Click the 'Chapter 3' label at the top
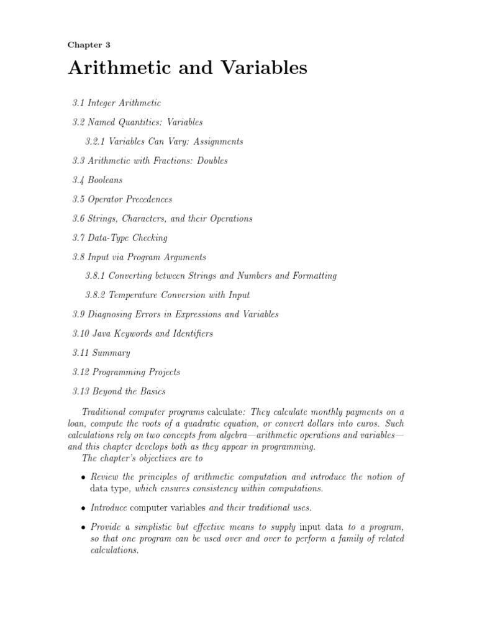point(89,45)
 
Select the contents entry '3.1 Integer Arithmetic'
point(116,102)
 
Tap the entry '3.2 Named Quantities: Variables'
point(137,122)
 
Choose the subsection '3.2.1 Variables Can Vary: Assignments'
point(164,141)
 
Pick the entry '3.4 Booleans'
point(98,180)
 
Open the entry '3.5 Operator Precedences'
point(122,199)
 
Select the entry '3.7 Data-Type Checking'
point(120,238)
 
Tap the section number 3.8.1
point(96,276)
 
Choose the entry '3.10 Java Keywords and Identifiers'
point(142,334)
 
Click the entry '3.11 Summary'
point(101,353)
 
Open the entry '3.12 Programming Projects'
point(126,372)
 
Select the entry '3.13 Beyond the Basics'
point(119,391)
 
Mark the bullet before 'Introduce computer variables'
point(84,508)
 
